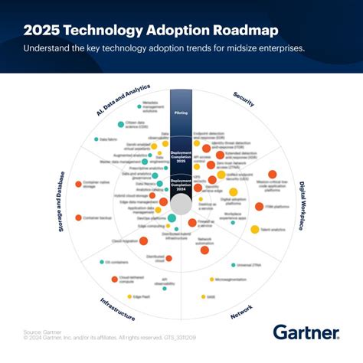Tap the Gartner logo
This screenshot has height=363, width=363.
[306, 332]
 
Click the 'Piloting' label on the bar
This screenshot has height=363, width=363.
[181, 113]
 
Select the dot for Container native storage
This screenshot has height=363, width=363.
[77, 184]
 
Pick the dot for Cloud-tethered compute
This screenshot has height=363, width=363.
[114, 280]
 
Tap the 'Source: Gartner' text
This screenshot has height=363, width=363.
[39, 331]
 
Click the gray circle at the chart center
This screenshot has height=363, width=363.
[181, 204]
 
